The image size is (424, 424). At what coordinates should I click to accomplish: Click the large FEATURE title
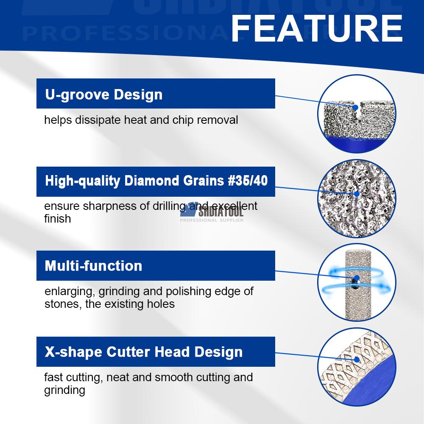(x=317, y=28)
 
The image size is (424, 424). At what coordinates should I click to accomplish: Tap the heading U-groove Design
(x=104, y=95)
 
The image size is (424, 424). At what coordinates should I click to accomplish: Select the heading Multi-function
(x=93, y=266)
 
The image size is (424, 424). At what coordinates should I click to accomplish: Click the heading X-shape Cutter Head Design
(x=144, y=352)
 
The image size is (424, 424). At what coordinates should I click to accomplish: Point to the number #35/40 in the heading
(x=248, y=181)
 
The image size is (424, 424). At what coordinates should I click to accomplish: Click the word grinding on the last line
(x=64, y=390)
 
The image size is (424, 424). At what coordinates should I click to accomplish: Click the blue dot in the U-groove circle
(x=356, y=108)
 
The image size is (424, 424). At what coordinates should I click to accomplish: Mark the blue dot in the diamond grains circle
(x=357, y=194)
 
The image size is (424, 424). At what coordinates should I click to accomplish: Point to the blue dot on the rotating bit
(x=357, y=278)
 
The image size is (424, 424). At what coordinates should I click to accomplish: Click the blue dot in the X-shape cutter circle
(x=357, y=360)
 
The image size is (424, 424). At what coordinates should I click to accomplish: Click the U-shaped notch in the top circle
(x=357, y=111)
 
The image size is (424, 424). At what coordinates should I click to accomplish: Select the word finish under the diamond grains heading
(x=58, y=218)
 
